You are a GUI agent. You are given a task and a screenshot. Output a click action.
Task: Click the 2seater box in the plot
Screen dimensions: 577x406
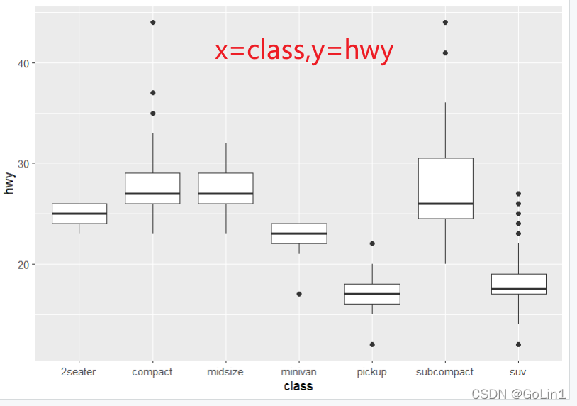(x=79, y=214)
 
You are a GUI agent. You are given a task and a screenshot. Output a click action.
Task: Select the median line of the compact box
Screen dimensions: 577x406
(x=153, y=193)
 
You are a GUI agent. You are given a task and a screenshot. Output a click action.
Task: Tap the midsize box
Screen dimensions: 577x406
(x=226, y=188)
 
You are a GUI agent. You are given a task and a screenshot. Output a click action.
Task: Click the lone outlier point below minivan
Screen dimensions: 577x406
(x=299, y=294)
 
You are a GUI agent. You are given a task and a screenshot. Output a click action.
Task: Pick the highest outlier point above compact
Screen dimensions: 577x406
(x=153, y=23)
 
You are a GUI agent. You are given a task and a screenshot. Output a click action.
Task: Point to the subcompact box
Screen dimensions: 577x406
(x=445, y=188)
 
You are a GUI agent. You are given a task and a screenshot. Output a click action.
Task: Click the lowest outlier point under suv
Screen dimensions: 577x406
(x=519, y=344)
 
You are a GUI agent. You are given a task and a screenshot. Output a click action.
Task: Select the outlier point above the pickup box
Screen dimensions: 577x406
(x=372, y=243)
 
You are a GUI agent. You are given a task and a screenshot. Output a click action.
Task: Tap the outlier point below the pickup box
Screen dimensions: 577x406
(x=372, y=344)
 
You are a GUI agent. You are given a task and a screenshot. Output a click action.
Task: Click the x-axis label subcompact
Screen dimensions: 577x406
(x=445, y=372)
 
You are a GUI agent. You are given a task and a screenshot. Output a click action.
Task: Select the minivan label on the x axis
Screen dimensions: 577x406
(x=298, y=372)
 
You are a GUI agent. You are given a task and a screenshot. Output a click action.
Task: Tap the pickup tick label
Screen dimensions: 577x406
(x=372, y=372)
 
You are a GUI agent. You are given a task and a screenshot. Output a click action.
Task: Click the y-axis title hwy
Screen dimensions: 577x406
(x=9, y=184)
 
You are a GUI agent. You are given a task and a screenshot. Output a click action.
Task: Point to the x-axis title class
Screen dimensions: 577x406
(x=298, y=387)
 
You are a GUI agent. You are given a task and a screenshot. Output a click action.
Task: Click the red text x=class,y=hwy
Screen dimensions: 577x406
(x=304, y=50)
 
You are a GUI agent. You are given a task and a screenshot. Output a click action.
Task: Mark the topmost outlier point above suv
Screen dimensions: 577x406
(x=519, y=193)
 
